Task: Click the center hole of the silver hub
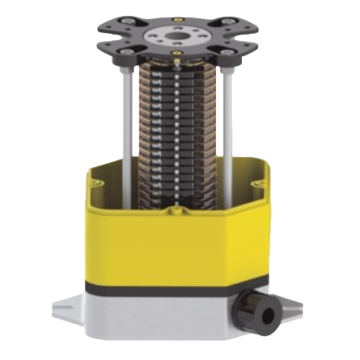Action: [175, 34]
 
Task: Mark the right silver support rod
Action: [229, 115]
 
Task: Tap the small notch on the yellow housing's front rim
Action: [175, 210]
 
